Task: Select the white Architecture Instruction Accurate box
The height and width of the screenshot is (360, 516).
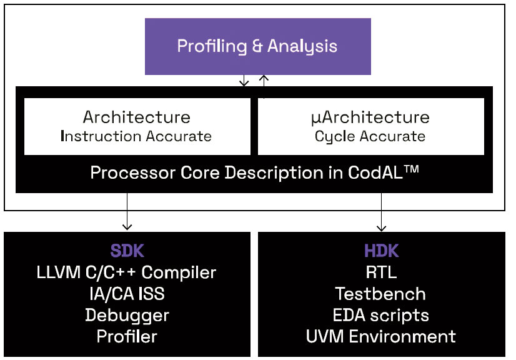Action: pos(137,126)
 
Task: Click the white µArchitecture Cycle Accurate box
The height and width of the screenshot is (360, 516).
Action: pos(370,126)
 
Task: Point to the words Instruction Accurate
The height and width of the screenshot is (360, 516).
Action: pos(136,136)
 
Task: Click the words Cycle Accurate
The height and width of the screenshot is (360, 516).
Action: pos(370,136)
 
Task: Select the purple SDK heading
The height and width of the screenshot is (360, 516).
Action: pos(127,251)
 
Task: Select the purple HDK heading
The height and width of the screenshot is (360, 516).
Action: pos(381,251)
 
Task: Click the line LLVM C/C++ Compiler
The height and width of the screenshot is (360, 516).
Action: pos(127,272)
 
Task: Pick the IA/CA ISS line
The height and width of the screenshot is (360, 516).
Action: pos(127,294)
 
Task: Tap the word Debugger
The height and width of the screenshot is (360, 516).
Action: pos(127,315)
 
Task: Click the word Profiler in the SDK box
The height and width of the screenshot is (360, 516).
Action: pos(127,336)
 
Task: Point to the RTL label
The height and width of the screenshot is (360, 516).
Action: pos(381,272)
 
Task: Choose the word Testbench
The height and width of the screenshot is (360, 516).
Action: pos(381,294)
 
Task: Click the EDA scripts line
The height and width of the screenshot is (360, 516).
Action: pos(381,315)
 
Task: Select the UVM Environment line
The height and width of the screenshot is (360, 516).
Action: pos(381,336)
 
